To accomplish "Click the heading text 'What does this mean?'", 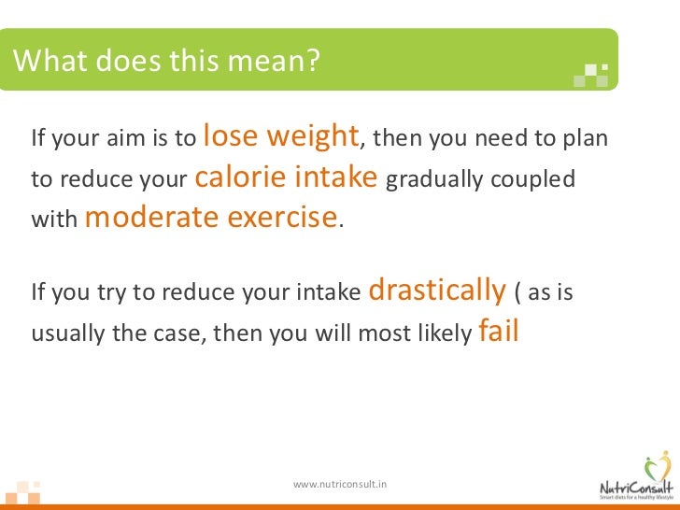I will pos(167,61).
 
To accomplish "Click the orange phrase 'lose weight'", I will pos(280,136).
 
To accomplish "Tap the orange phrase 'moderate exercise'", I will pos(211,218).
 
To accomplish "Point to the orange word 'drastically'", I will pos(437,290).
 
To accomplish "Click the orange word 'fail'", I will pos(498,332).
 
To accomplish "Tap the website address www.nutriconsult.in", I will pos(340,484).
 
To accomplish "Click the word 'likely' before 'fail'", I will pos(442,334).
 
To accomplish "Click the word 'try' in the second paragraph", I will pos(111,293).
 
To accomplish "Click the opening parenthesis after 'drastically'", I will pos(517,293).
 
